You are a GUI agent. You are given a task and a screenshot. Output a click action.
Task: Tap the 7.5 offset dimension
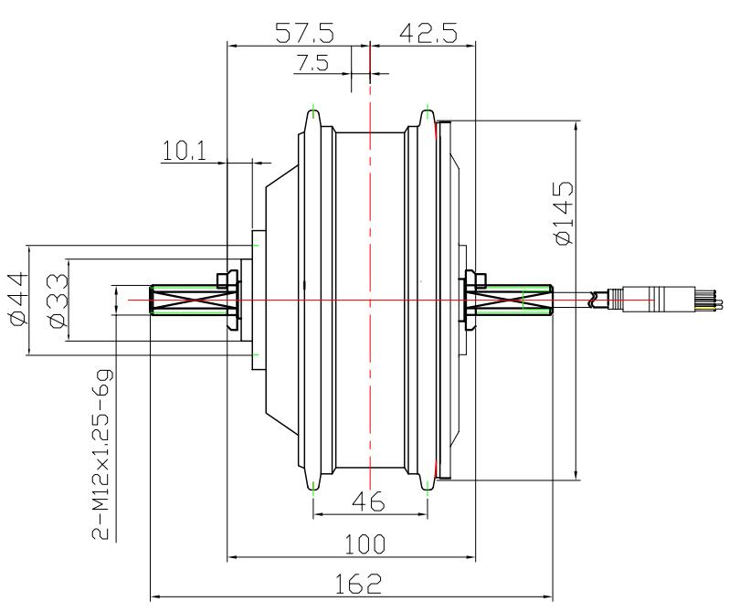click(313, 63)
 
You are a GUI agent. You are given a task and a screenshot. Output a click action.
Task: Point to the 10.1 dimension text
click(184, 152)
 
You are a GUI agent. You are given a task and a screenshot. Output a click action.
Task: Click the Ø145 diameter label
click(564, 213)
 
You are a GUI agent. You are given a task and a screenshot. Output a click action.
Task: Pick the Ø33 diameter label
click(57, 301)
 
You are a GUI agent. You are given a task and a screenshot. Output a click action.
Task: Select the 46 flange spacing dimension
click(370, 501)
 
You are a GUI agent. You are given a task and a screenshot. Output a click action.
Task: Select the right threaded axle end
click(521, 301)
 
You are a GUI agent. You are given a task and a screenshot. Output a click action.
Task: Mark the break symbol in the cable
click(597, 298)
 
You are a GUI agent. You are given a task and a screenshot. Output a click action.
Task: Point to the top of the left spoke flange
click(312, 116)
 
